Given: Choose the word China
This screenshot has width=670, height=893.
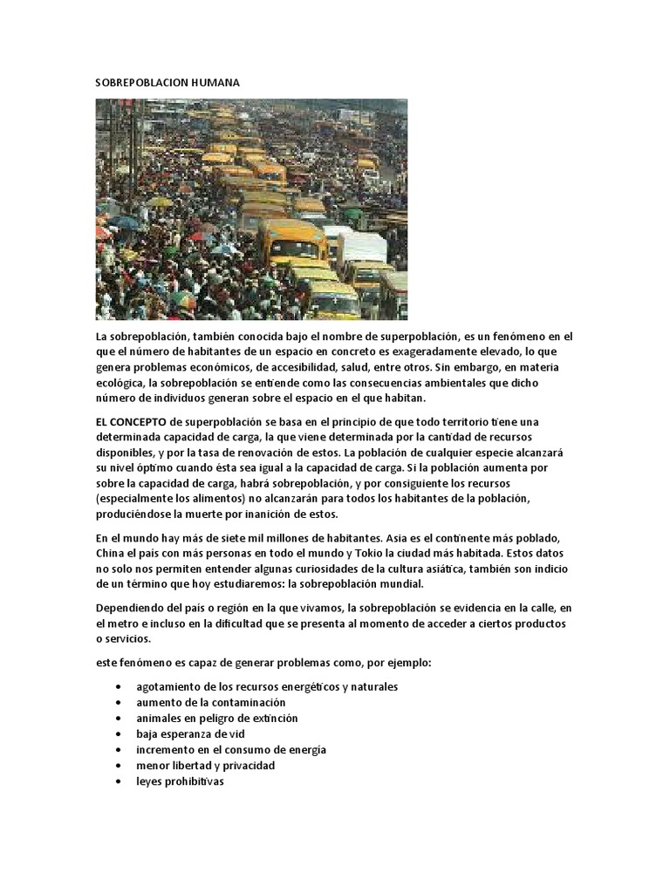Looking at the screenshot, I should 111,553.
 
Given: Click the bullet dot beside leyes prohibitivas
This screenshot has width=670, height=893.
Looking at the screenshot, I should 119,781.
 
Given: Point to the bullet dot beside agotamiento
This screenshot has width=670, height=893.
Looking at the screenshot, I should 119,686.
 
